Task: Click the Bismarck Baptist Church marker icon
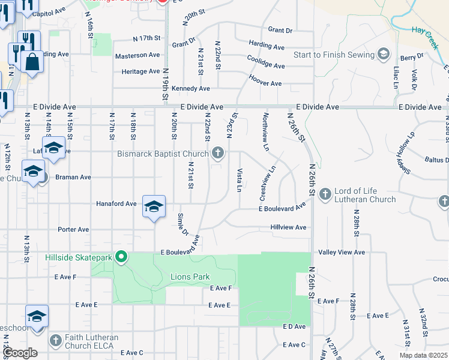[x=217, y=154]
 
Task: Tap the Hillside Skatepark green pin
[x=121, y=258]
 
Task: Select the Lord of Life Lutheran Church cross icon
[x=325, y=194]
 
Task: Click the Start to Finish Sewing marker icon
[x=382, y=55]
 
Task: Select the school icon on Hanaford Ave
[x=154, y=206]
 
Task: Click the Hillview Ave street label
[x=288, y=227]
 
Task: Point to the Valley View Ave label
[x=342, y=253]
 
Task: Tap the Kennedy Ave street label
[x=190, y=88]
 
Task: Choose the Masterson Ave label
[x=137, y=55]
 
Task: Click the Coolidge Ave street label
[x=265, y=62]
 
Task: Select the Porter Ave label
[x=73, y=229]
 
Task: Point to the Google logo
[x=20, y=353]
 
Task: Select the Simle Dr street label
[x=183, y=223]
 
